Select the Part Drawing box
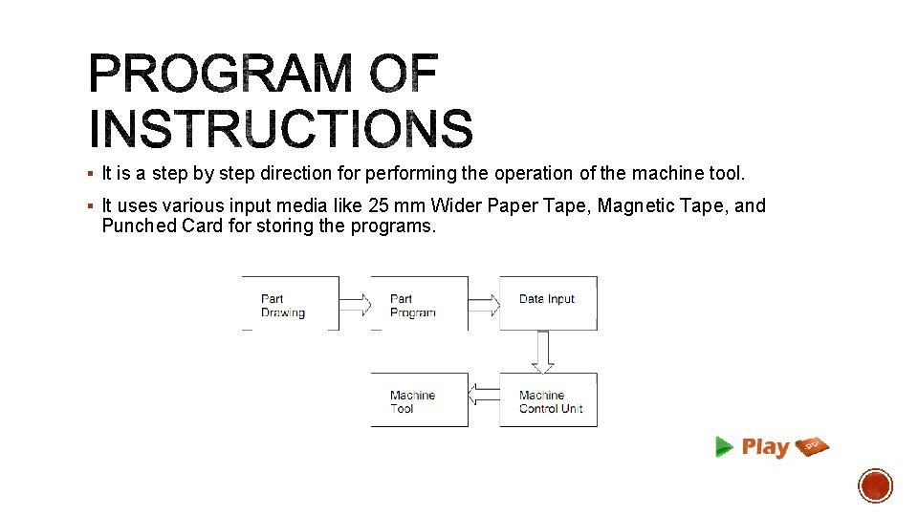(x=291, y=304)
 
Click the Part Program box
(x=419, y=304)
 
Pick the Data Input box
(x=548, y=304)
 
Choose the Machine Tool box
(x=419, y=399)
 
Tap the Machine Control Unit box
(x=548, y=399)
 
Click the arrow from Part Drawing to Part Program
(x=355, y=305)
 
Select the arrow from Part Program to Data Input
(x=484, y=305)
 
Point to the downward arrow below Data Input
(x=543, y=353)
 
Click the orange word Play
(x=765, y=447)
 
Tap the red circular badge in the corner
(x=875, y=485)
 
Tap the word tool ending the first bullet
(x=726, y=174)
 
